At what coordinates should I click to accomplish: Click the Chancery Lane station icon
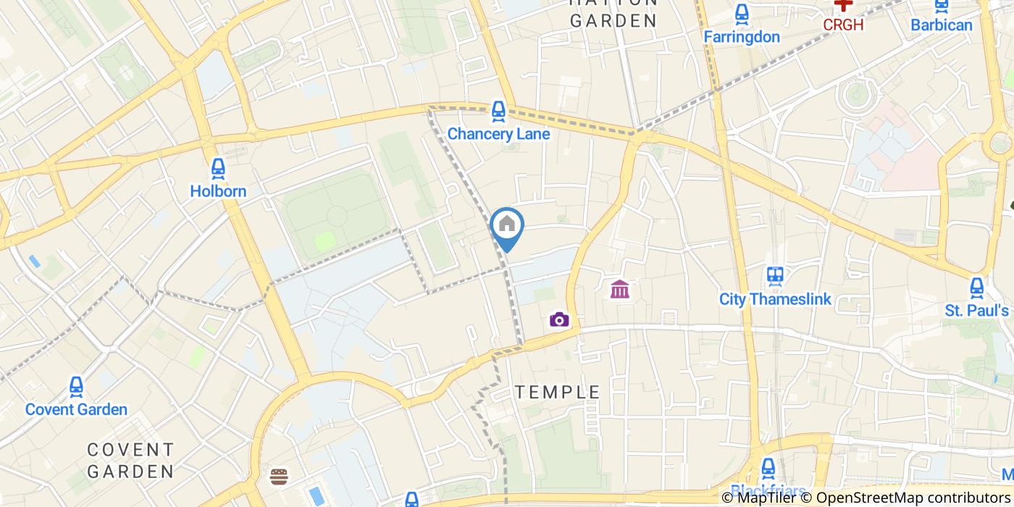(498, 111)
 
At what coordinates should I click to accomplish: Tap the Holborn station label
(218, 191)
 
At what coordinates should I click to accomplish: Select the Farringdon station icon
(741, 14)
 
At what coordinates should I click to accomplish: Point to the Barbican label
(942, 25)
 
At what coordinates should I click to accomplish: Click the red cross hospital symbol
(843, 4)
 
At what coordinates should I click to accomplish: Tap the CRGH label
(843, 25)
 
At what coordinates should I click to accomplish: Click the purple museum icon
(620, 290)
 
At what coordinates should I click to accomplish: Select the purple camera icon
(559, 319)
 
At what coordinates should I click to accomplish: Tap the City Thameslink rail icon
(775, 276)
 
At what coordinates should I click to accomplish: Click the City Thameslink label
(775, 298)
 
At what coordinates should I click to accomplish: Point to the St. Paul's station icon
(977, 288)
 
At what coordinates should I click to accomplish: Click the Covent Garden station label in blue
(76, 409)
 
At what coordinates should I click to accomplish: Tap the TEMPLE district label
(558, 392)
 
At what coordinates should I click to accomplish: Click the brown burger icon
(279, 476)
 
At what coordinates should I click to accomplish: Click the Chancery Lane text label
(498, 134)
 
